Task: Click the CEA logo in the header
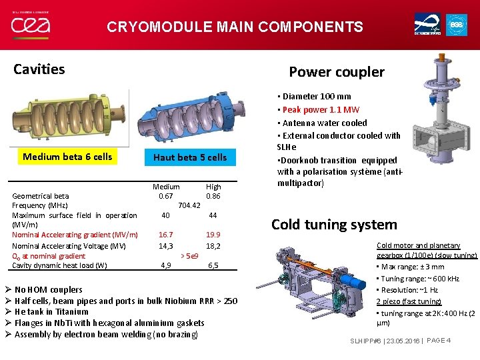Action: pos(30,25)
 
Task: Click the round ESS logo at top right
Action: pos(457,25)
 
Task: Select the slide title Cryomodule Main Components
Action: pos(235,27)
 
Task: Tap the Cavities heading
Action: pos(39,69)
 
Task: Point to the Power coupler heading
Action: pos(336,72)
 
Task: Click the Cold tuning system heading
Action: pos(334,225)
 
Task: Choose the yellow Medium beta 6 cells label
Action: pos(67,157)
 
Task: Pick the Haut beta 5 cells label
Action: pos(190,157)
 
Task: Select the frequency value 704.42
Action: pos(190,205)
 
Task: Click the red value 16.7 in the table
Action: pos(165,235)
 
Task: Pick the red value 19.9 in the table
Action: pos(213,235)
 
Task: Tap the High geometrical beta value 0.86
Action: pos(213,196)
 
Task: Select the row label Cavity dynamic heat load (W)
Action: pos(59,265)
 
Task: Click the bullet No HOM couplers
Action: pos(48,289)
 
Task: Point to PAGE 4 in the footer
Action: pos(439,341)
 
